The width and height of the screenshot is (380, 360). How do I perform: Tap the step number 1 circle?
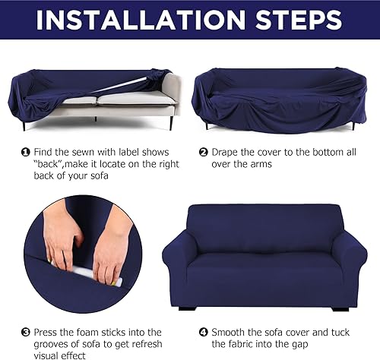click(x=26, y=152)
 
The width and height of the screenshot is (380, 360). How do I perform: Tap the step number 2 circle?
click(x=204, y=152)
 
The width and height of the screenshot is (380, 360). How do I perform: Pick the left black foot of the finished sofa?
click(x=185, y=308)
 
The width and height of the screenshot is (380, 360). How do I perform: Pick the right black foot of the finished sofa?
click(x=340, y=308)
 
